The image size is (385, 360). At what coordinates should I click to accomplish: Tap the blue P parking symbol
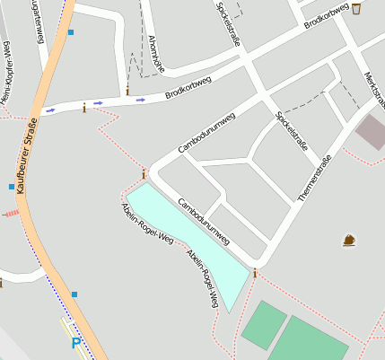(76, 342)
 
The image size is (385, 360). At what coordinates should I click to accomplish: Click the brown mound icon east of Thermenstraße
(348, 240)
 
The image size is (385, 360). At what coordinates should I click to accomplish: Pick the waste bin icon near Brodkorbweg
(356, 9)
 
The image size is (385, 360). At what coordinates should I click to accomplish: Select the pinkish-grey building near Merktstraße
(371, 132)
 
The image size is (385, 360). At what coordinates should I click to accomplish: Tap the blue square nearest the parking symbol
(74, 294)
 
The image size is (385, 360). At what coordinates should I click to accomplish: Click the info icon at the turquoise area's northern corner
(143, 174)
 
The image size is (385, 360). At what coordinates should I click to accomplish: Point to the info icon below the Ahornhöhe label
(127, 91)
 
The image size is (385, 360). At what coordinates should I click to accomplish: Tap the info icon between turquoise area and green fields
(255, 274)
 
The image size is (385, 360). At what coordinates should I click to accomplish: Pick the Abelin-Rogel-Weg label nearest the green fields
(203, 278)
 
